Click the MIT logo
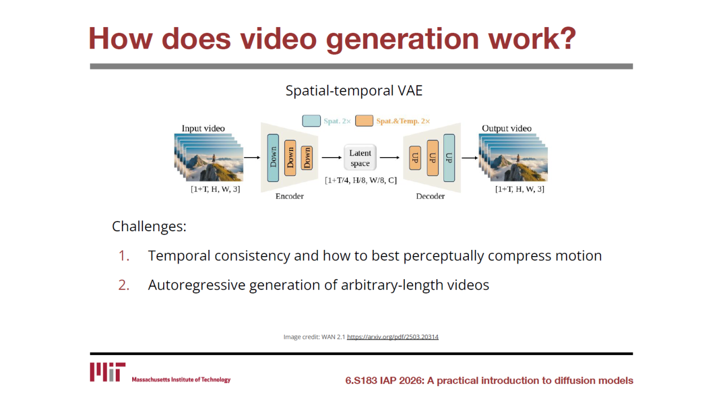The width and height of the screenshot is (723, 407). tap(107, 372)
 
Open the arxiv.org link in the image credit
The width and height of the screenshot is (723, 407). tap(393, 337)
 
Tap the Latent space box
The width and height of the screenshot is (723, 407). tap(360, 158)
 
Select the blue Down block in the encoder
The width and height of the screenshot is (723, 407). tap(273, 158)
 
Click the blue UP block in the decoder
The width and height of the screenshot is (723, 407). tap(449, 158)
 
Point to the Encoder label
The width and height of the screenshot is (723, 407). tap(290, 196)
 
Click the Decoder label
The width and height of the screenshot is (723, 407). tap(430, 196)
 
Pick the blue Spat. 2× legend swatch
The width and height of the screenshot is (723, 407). tap(311, 121)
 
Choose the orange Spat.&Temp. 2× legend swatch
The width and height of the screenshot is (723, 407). tap(364, 121)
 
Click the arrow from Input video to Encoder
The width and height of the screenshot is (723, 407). tap(252, 157)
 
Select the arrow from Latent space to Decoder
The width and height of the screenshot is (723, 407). tap(390, 157)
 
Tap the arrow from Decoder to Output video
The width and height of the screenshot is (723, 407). tap(470, 158)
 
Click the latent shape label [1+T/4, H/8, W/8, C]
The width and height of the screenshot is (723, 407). tap(361, 180)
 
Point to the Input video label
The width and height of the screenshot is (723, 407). tap(203, 128)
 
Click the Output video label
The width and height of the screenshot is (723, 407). tap(507, 128)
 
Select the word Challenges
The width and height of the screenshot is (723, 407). tap(149, 226)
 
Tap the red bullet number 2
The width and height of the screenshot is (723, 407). tap(124, 285)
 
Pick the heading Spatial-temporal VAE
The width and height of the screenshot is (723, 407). tap(354, 90)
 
